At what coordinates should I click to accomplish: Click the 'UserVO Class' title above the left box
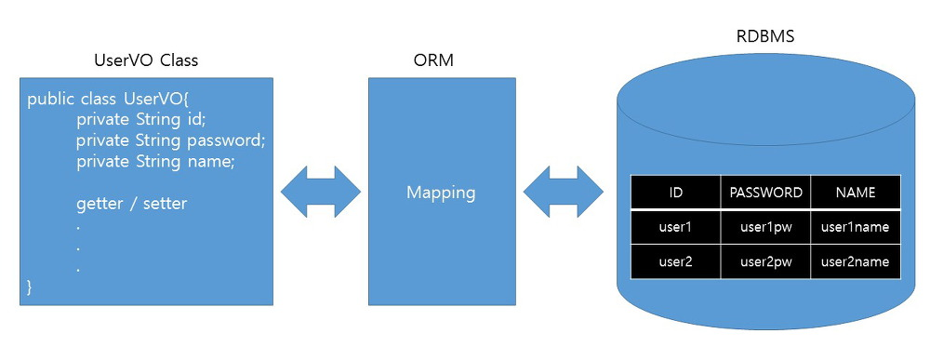[146, 60]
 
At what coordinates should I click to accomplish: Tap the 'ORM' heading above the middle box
[441, 60]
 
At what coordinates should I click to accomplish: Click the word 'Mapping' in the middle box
[441, 193]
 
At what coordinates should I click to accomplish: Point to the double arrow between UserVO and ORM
[321, 193]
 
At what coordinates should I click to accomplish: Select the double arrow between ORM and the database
[564, 193]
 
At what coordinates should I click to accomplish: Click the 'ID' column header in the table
[675, 193]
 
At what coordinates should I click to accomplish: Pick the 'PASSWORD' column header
[765, 193]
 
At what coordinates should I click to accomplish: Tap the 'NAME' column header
[856, 193]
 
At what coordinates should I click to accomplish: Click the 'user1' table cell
[675, 227]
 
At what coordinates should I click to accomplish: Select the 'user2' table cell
[675, 262]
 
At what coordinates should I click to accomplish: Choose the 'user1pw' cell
[765, 227]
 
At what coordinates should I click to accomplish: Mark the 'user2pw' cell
[765, 262]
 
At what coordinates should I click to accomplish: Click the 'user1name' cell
[856, 227]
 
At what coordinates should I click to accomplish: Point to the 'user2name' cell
[856, 262]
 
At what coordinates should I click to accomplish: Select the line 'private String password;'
[171, 140]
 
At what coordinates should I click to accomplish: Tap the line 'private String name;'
[155, 161]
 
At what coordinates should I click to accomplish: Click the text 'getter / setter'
[131, 203]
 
